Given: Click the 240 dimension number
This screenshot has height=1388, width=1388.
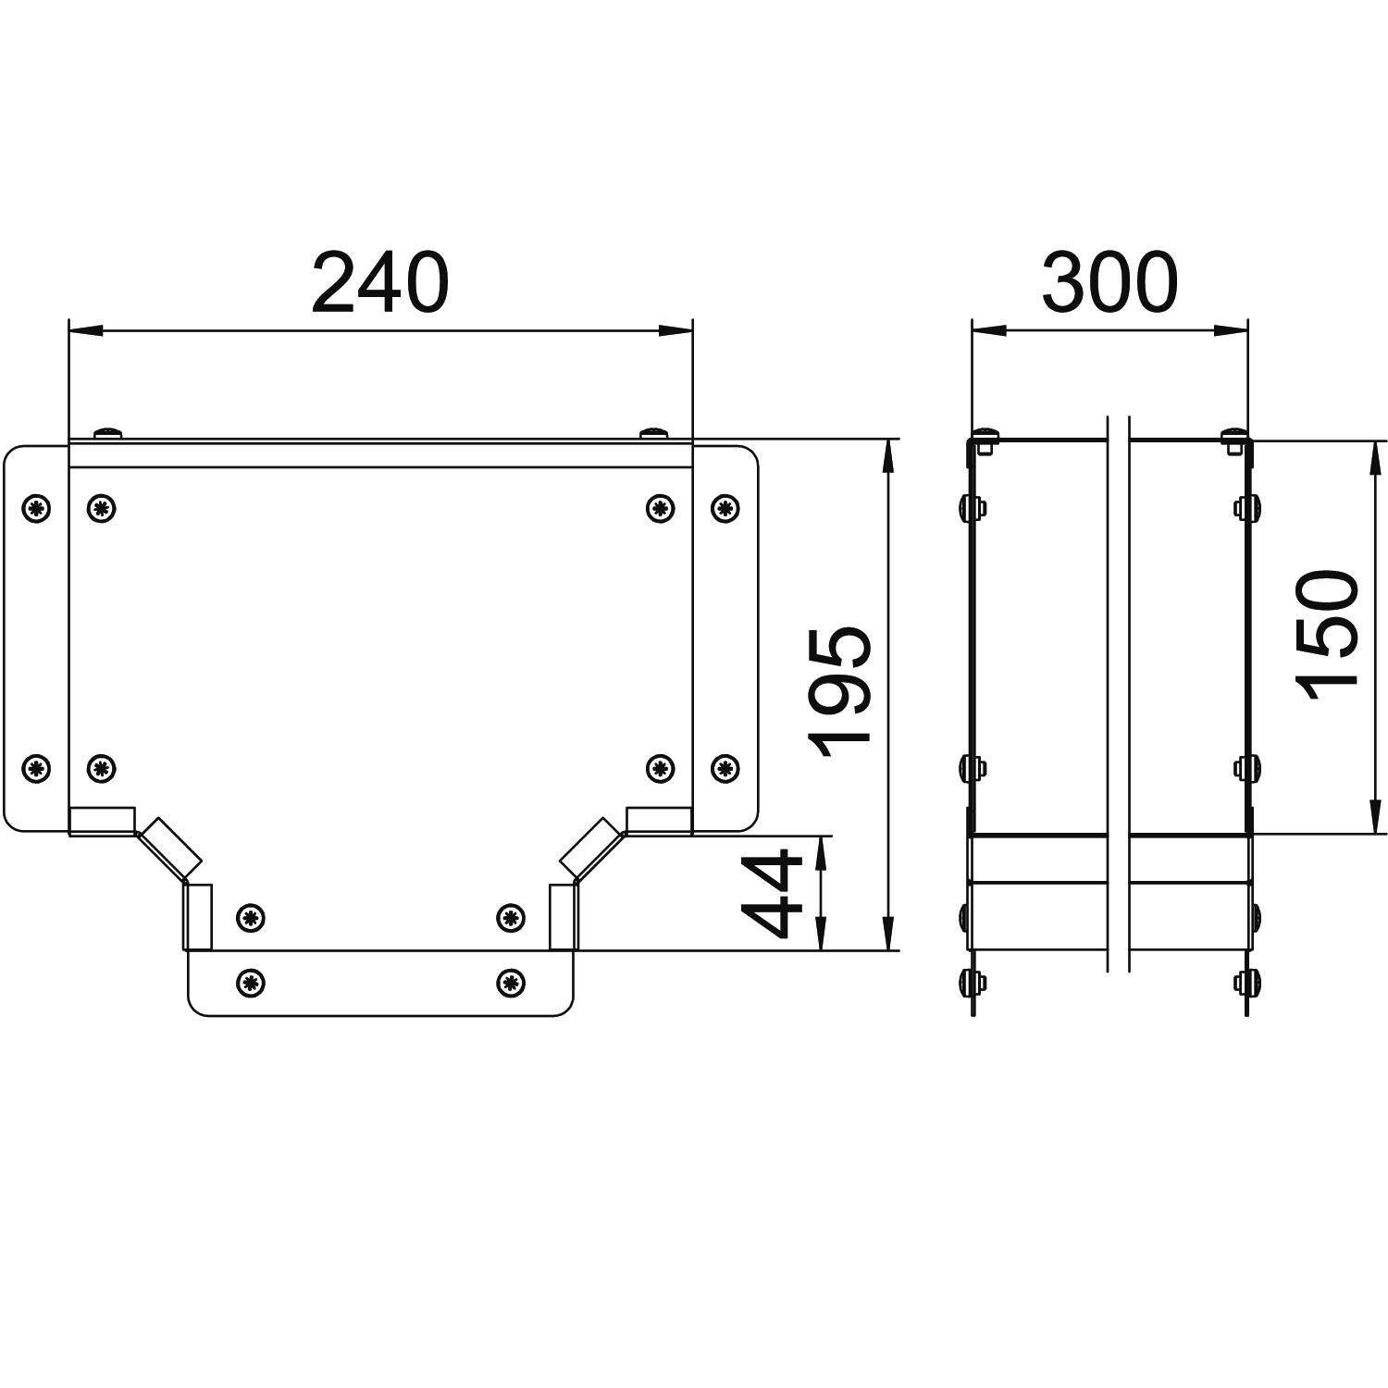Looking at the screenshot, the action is point(380,282).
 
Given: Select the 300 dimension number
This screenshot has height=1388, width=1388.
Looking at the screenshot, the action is point(1109,282).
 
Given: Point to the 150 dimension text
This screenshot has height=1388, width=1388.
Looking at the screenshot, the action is point(1327,635).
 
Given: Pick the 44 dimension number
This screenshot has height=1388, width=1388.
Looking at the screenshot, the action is point(774,893).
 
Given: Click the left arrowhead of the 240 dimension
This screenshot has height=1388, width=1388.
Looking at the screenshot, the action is point(85,330).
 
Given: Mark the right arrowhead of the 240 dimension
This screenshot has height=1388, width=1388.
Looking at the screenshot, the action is point(675,330).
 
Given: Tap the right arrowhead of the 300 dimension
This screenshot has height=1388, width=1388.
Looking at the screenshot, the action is point(1231,330).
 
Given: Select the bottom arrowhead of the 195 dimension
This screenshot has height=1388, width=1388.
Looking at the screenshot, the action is point(887,933).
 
